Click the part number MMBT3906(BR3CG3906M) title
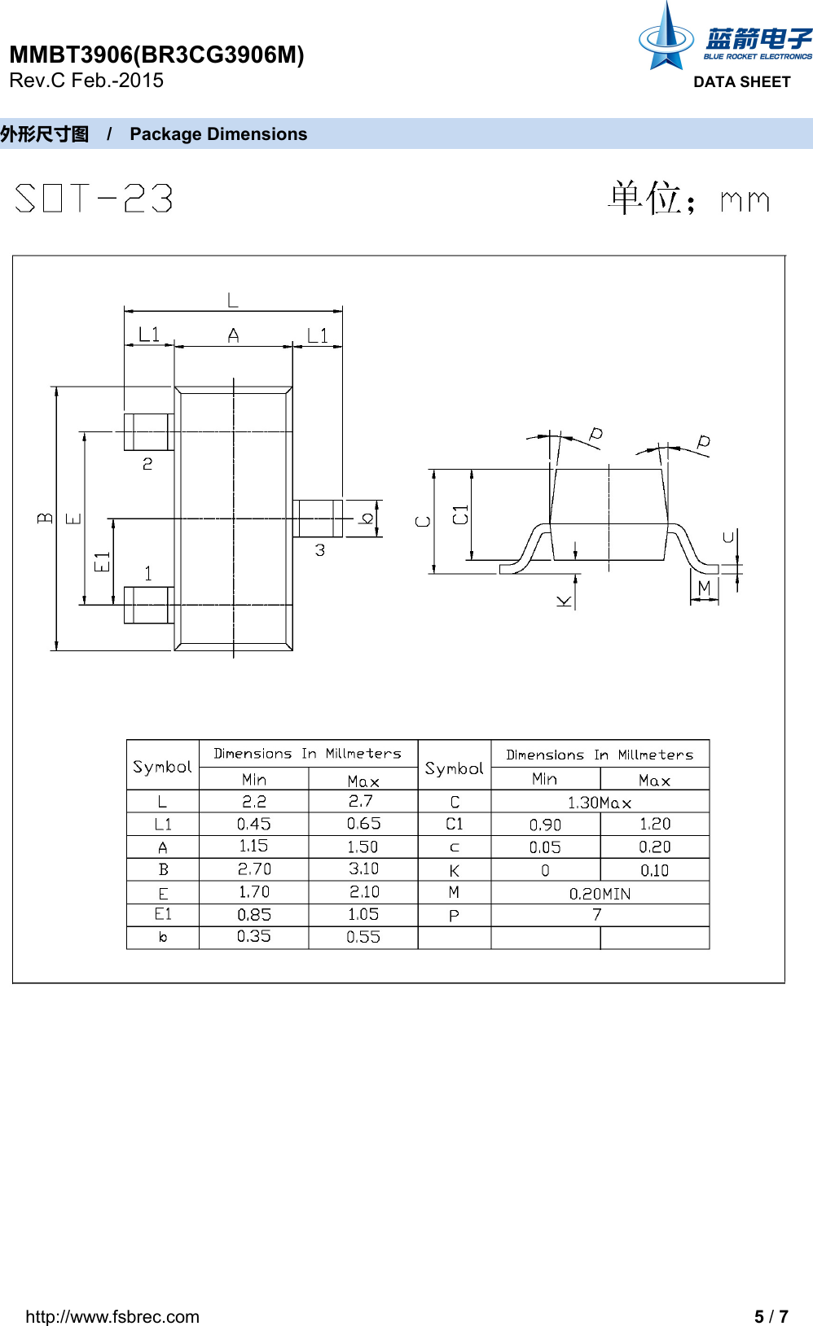pos(156,55)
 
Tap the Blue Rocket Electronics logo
pos(723,40)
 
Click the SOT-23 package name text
pos(94,198)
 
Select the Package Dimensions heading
pos(218,134)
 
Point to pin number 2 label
pos(147,464)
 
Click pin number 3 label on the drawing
pos(320,551)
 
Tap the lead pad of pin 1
pos(147,605)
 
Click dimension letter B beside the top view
pos(45,518)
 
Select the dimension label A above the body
pos(233,335)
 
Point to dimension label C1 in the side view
pos(460,514)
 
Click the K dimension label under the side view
pos(564,601)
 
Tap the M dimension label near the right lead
pos(705,587)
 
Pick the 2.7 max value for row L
pos(362,802)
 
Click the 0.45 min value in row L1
pos(253,825)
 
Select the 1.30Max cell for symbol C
pos(600,803)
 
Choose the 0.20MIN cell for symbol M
pos(600,894)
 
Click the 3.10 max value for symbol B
pos(363,869)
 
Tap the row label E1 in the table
pos(163,915)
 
